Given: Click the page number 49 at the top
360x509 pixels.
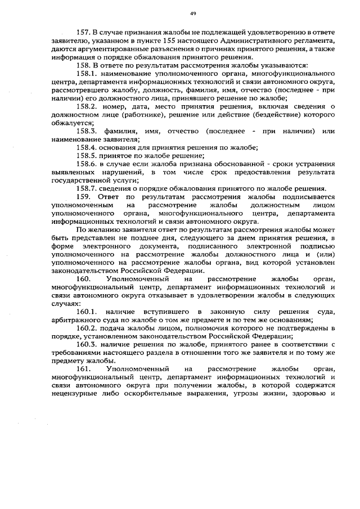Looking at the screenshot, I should tap(192, 13).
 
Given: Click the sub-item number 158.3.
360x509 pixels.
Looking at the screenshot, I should tap(87, 130).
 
